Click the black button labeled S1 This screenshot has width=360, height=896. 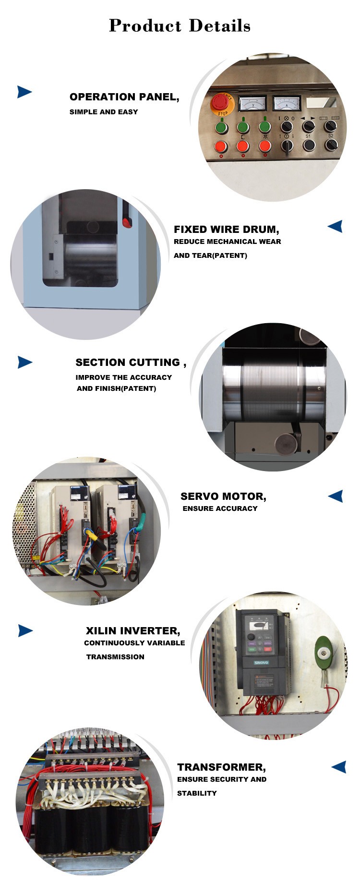(309, 144)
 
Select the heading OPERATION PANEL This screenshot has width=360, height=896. (124, 97)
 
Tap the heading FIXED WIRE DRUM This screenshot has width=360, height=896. (227, 230)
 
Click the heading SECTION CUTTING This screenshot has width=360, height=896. (131, 363)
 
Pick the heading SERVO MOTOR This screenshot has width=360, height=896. (223, 496)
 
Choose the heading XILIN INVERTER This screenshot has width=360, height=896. (133, 631)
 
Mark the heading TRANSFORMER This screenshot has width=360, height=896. (221, 767)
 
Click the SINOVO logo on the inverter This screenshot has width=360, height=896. (262, 663)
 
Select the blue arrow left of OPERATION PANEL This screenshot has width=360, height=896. (24, 92)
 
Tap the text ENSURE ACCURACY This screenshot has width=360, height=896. (220, 509)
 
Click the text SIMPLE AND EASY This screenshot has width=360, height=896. (104, 112)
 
